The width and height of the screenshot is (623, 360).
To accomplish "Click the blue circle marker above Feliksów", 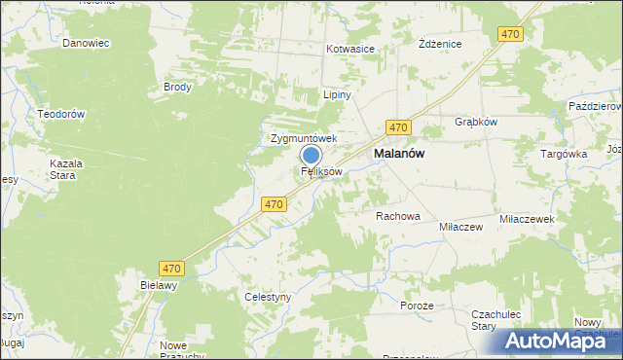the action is (311, 155).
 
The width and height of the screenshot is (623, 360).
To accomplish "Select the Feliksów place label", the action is (321, 171).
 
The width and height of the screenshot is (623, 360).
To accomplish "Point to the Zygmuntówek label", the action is (303, 139).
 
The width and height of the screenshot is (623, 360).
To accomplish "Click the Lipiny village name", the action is (337, 95).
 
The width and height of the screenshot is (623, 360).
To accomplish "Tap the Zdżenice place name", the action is (439, 45).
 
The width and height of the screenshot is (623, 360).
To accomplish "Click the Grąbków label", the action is (477, 122).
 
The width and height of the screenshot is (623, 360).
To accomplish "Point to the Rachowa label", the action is (397, 216).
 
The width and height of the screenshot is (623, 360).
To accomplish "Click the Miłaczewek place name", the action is (526, 220).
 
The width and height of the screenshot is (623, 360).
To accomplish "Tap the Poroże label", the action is (416, 306).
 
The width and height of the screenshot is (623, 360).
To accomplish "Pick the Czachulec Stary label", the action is (497, 320).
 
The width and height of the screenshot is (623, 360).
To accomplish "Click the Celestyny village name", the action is (268, 297).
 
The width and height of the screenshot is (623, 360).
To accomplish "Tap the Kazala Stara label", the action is (66, 169).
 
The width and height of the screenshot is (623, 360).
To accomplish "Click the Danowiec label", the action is (86, 44).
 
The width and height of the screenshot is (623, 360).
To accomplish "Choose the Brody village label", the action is (178, 87).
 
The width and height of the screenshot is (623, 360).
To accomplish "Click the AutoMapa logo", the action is (562, 341).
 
